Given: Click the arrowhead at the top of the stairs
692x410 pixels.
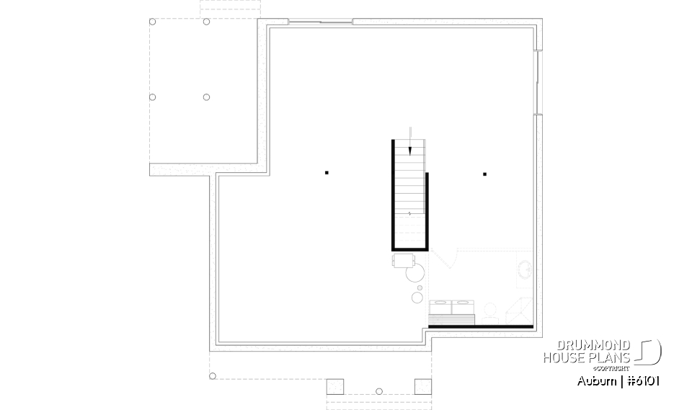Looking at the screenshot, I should coord(409,151).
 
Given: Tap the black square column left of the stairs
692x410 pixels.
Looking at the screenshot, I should coord(327,172).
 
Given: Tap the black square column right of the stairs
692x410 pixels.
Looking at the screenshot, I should coord(485,173).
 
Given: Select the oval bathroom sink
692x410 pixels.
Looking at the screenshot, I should coord(525,270).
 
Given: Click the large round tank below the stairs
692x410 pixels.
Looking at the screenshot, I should coord(414,272).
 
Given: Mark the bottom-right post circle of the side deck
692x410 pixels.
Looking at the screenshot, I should coord(206,97).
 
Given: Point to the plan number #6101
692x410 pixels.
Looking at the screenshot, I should coord(642,380).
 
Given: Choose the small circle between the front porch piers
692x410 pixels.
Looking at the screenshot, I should coord(378,391).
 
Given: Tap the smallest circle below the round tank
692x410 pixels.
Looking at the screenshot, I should coord(421,289).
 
